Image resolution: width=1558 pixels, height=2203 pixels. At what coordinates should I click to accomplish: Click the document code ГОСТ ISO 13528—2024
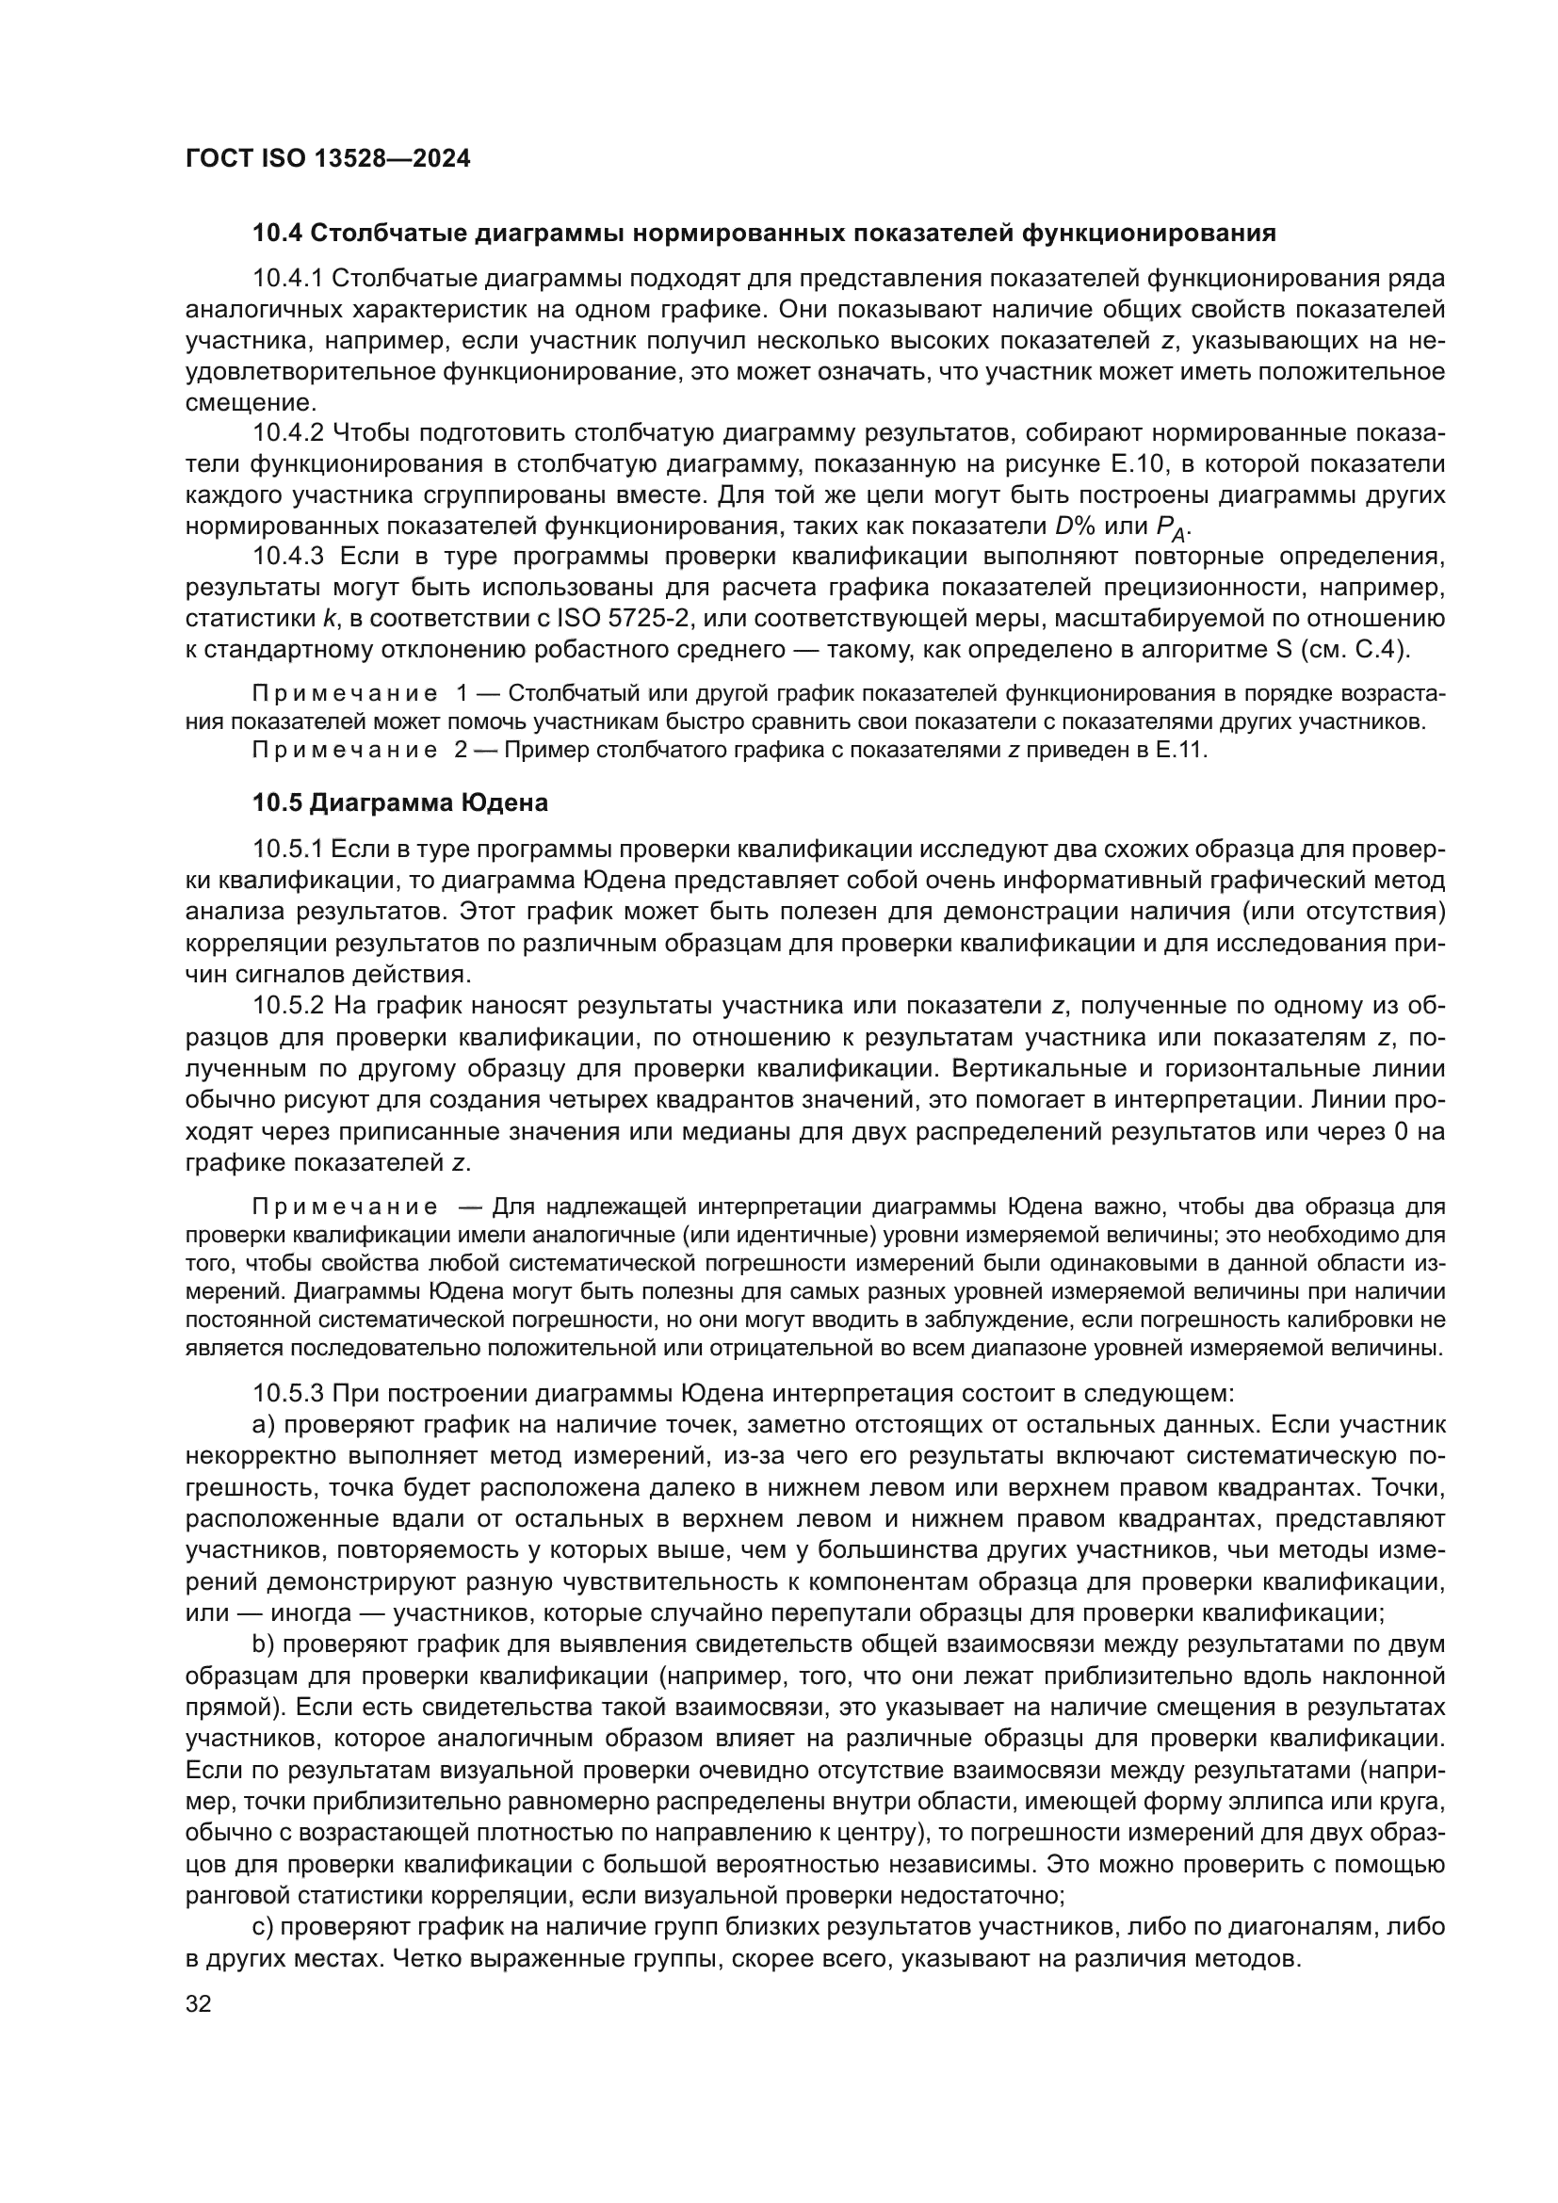coord(327,159)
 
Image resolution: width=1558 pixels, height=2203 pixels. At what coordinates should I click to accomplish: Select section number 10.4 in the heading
coord(277,234)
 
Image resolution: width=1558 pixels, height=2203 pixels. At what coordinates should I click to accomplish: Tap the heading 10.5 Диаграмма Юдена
coord(400,803)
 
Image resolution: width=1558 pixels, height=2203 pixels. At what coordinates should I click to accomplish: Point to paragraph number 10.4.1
coord(289,279)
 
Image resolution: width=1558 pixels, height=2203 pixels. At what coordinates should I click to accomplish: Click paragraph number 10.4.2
coord(289,433)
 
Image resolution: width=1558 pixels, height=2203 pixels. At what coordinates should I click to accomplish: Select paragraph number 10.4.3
coord(289,557)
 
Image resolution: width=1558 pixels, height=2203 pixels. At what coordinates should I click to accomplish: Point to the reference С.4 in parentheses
coord(1379,650)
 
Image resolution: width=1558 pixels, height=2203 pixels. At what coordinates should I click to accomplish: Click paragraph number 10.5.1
coord(289,850)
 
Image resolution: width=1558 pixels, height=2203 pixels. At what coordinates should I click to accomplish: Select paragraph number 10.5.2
coord(289,1006)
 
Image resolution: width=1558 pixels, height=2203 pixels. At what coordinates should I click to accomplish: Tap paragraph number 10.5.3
coord(289,1392)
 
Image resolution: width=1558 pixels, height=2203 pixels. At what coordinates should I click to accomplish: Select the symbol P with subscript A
coord(1171,527)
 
